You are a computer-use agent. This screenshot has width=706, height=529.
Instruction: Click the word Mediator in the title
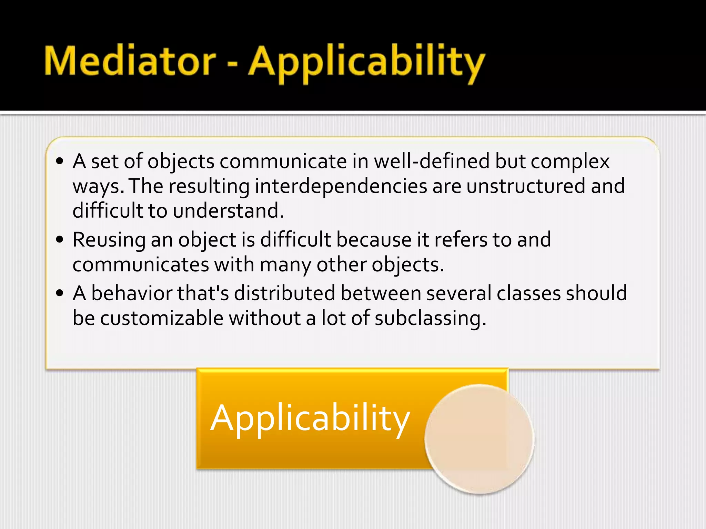[x=130, y=61]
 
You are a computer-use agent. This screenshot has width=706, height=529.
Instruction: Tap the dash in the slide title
[x=232, y=64]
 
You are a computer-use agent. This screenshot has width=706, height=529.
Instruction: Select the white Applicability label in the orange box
[x=310, y=418]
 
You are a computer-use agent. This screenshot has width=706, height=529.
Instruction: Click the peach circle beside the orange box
[x=479, y=439]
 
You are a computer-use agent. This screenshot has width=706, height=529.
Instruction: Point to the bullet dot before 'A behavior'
[x=60, y=293]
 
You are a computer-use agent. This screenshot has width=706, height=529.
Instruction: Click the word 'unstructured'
[x=526, y=186]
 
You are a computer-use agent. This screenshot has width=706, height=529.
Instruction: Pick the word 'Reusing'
[x=109, y=240]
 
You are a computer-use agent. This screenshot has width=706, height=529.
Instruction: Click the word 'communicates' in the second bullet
[x=141, y=265]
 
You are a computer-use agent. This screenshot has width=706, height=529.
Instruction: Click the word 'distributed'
[x=284, y=293]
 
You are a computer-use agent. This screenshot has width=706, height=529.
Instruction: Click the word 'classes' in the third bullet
[x=528, y=293]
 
